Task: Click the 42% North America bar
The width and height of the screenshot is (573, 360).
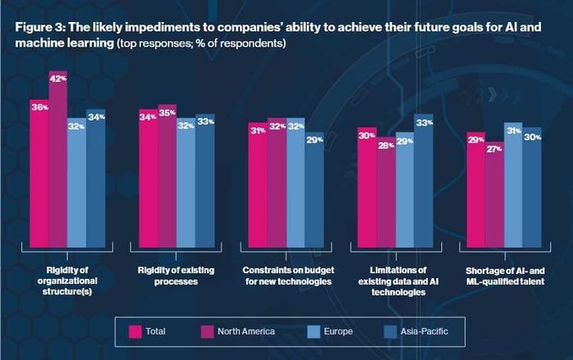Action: [x=58, y=160]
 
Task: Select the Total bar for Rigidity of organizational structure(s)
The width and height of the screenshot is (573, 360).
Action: [x=39, y=173]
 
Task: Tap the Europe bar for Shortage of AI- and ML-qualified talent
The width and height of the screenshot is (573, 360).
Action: [x=513, y=185]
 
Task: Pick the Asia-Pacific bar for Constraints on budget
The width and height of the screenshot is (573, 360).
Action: [x=314, y=190]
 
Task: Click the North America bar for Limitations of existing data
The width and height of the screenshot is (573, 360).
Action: [x=386, y=192]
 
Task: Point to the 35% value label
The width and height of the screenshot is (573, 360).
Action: [x=167, y=113]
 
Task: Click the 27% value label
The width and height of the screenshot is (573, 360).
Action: [x=494, y=149]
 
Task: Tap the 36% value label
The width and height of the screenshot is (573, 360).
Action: [x=40, y=107]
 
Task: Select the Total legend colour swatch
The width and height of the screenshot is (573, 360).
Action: [x=135, y=332]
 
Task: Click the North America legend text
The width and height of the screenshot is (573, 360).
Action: [x=246, y=331]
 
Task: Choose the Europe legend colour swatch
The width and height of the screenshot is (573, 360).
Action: [x=314, y=332]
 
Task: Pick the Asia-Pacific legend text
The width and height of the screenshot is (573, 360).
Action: [x=424, y=331]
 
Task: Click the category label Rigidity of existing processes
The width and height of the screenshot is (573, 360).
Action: [x=176, y=276]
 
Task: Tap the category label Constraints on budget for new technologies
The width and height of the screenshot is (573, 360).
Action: [x=288, y=276]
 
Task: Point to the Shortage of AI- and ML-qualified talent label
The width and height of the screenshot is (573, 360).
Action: [x=505, y=276]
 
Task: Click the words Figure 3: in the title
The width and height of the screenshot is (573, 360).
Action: [x=40, y=27]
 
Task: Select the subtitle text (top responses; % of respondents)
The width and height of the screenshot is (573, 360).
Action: [x=201, y=43]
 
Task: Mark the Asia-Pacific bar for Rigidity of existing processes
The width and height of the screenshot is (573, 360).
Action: [x=205, y=181]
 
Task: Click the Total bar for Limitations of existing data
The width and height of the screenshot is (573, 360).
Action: [x=368, y=187]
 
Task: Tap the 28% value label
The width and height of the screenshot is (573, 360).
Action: [x=386, y=146]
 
